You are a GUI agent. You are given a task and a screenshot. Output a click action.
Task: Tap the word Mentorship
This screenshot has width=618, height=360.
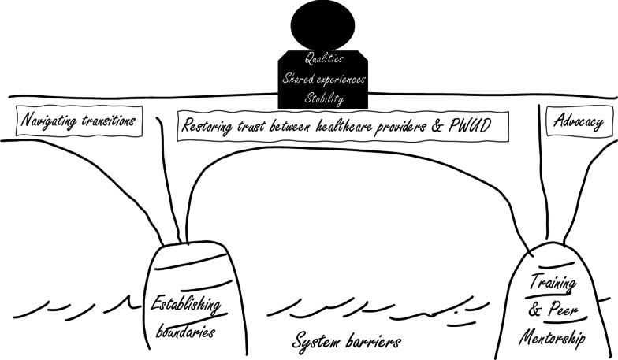click(553, 339)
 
